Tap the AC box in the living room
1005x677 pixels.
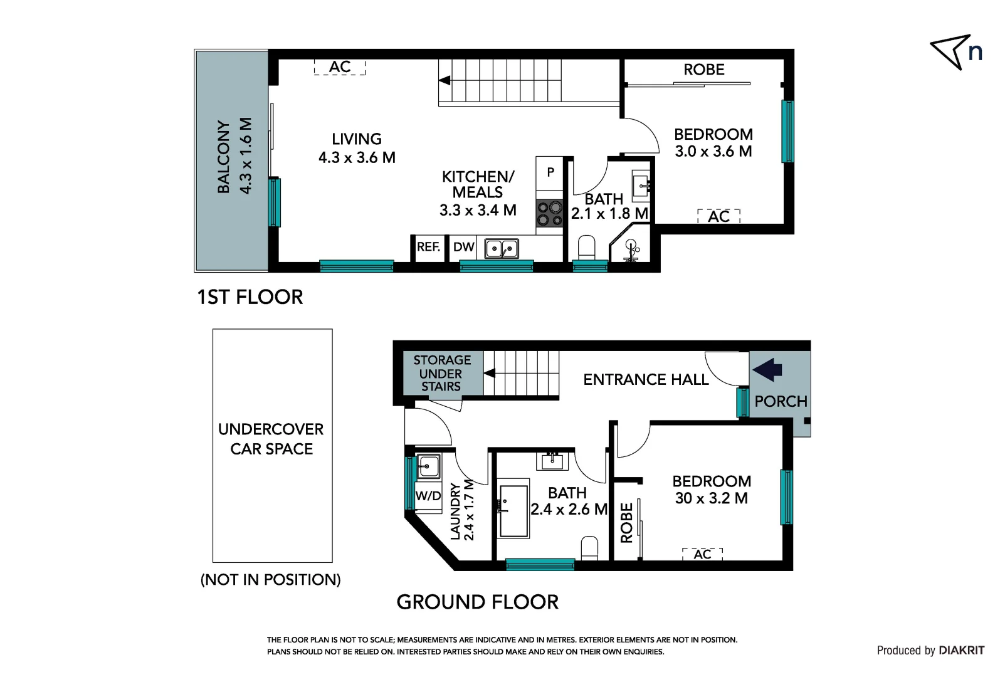tap(340, 67)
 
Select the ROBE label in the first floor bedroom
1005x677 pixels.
tap(703, 70)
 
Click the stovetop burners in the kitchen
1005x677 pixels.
tap(549, 213)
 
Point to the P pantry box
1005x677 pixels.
tap(550, 172)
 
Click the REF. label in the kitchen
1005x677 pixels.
tap(428, 247)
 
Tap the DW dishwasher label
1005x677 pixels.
tap(463, 247)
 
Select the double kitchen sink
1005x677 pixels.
tap(502, 249)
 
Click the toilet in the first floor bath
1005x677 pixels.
tap(587, 248)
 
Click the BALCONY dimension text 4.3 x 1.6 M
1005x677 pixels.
tap(246, 156)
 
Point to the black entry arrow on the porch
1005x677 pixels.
tap(767, 369)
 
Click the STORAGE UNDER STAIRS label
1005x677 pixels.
tap(441, 373)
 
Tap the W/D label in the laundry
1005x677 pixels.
tap(428, 496)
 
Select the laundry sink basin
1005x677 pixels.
tap(429, 466)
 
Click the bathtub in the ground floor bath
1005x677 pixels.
tap(513, 510)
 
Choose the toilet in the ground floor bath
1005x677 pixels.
tap(589, 547)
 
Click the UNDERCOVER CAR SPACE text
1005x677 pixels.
tap(271, 439)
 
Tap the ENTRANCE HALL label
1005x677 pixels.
tap(646, 379)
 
